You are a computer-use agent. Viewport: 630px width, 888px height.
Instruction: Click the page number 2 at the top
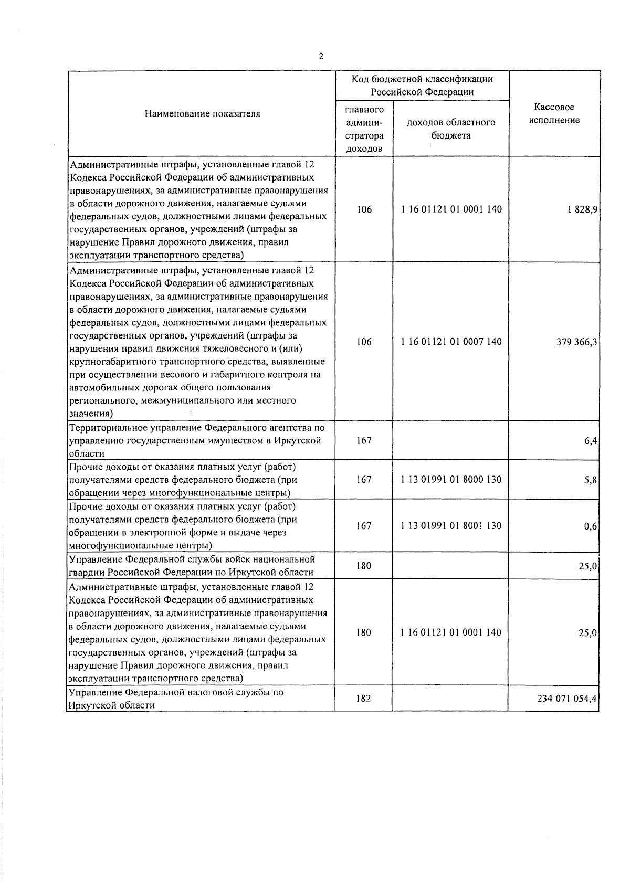point(321,57)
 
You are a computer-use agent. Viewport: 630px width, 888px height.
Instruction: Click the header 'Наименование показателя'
point(202,113)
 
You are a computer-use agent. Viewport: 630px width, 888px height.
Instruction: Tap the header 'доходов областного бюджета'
point(451,129)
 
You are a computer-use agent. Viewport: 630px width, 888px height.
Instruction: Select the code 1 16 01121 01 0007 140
point(451,342)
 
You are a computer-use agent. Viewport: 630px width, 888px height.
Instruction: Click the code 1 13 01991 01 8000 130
point(451,479)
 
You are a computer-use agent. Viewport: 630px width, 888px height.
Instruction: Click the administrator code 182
point(363,699)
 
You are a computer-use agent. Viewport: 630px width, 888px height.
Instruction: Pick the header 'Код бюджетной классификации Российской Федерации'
point(422,86)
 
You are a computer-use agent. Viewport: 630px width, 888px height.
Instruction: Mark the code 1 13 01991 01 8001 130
point(451,526)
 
